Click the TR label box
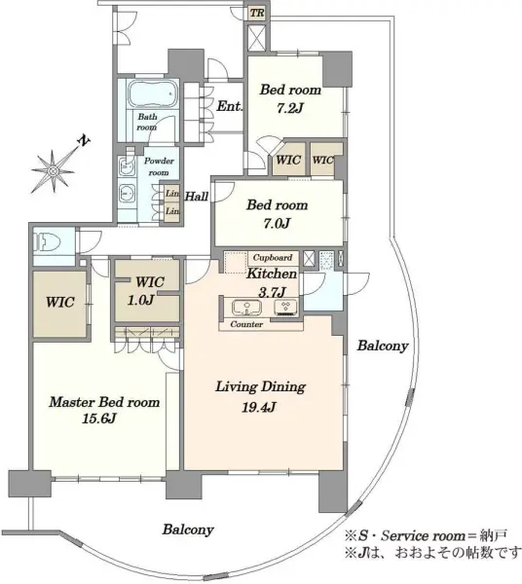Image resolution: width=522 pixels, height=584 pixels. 257,13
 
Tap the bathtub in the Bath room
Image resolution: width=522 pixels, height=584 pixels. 152,93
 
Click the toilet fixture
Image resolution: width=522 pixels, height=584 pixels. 47,242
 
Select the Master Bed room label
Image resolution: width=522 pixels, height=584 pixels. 105,402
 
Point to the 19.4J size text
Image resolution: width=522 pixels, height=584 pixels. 259,408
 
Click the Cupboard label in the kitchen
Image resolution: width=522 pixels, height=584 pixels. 273,257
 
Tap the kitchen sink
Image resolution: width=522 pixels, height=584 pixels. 246,308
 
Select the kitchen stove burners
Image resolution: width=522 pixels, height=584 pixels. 285,307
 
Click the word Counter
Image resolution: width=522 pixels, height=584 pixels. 246,324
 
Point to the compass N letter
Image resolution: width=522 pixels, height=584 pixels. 85,140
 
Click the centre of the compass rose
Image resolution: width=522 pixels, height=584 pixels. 54,171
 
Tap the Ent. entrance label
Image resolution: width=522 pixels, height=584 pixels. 229,106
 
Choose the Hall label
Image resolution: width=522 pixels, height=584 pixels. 197,197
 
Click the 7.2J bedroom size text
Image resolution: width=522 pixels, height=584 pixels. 290,108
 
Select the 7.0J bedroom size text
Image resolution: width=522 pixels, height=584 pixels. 276,224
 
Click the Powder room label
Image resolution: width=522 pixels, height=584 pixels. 159,166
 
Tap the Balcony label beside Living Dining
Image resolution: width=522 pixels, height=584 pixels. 383,346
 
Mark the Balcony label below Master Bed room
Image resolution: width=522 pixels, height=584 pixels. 188,529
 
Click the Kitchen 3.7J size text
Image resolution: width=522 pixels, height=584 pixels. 272,292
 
